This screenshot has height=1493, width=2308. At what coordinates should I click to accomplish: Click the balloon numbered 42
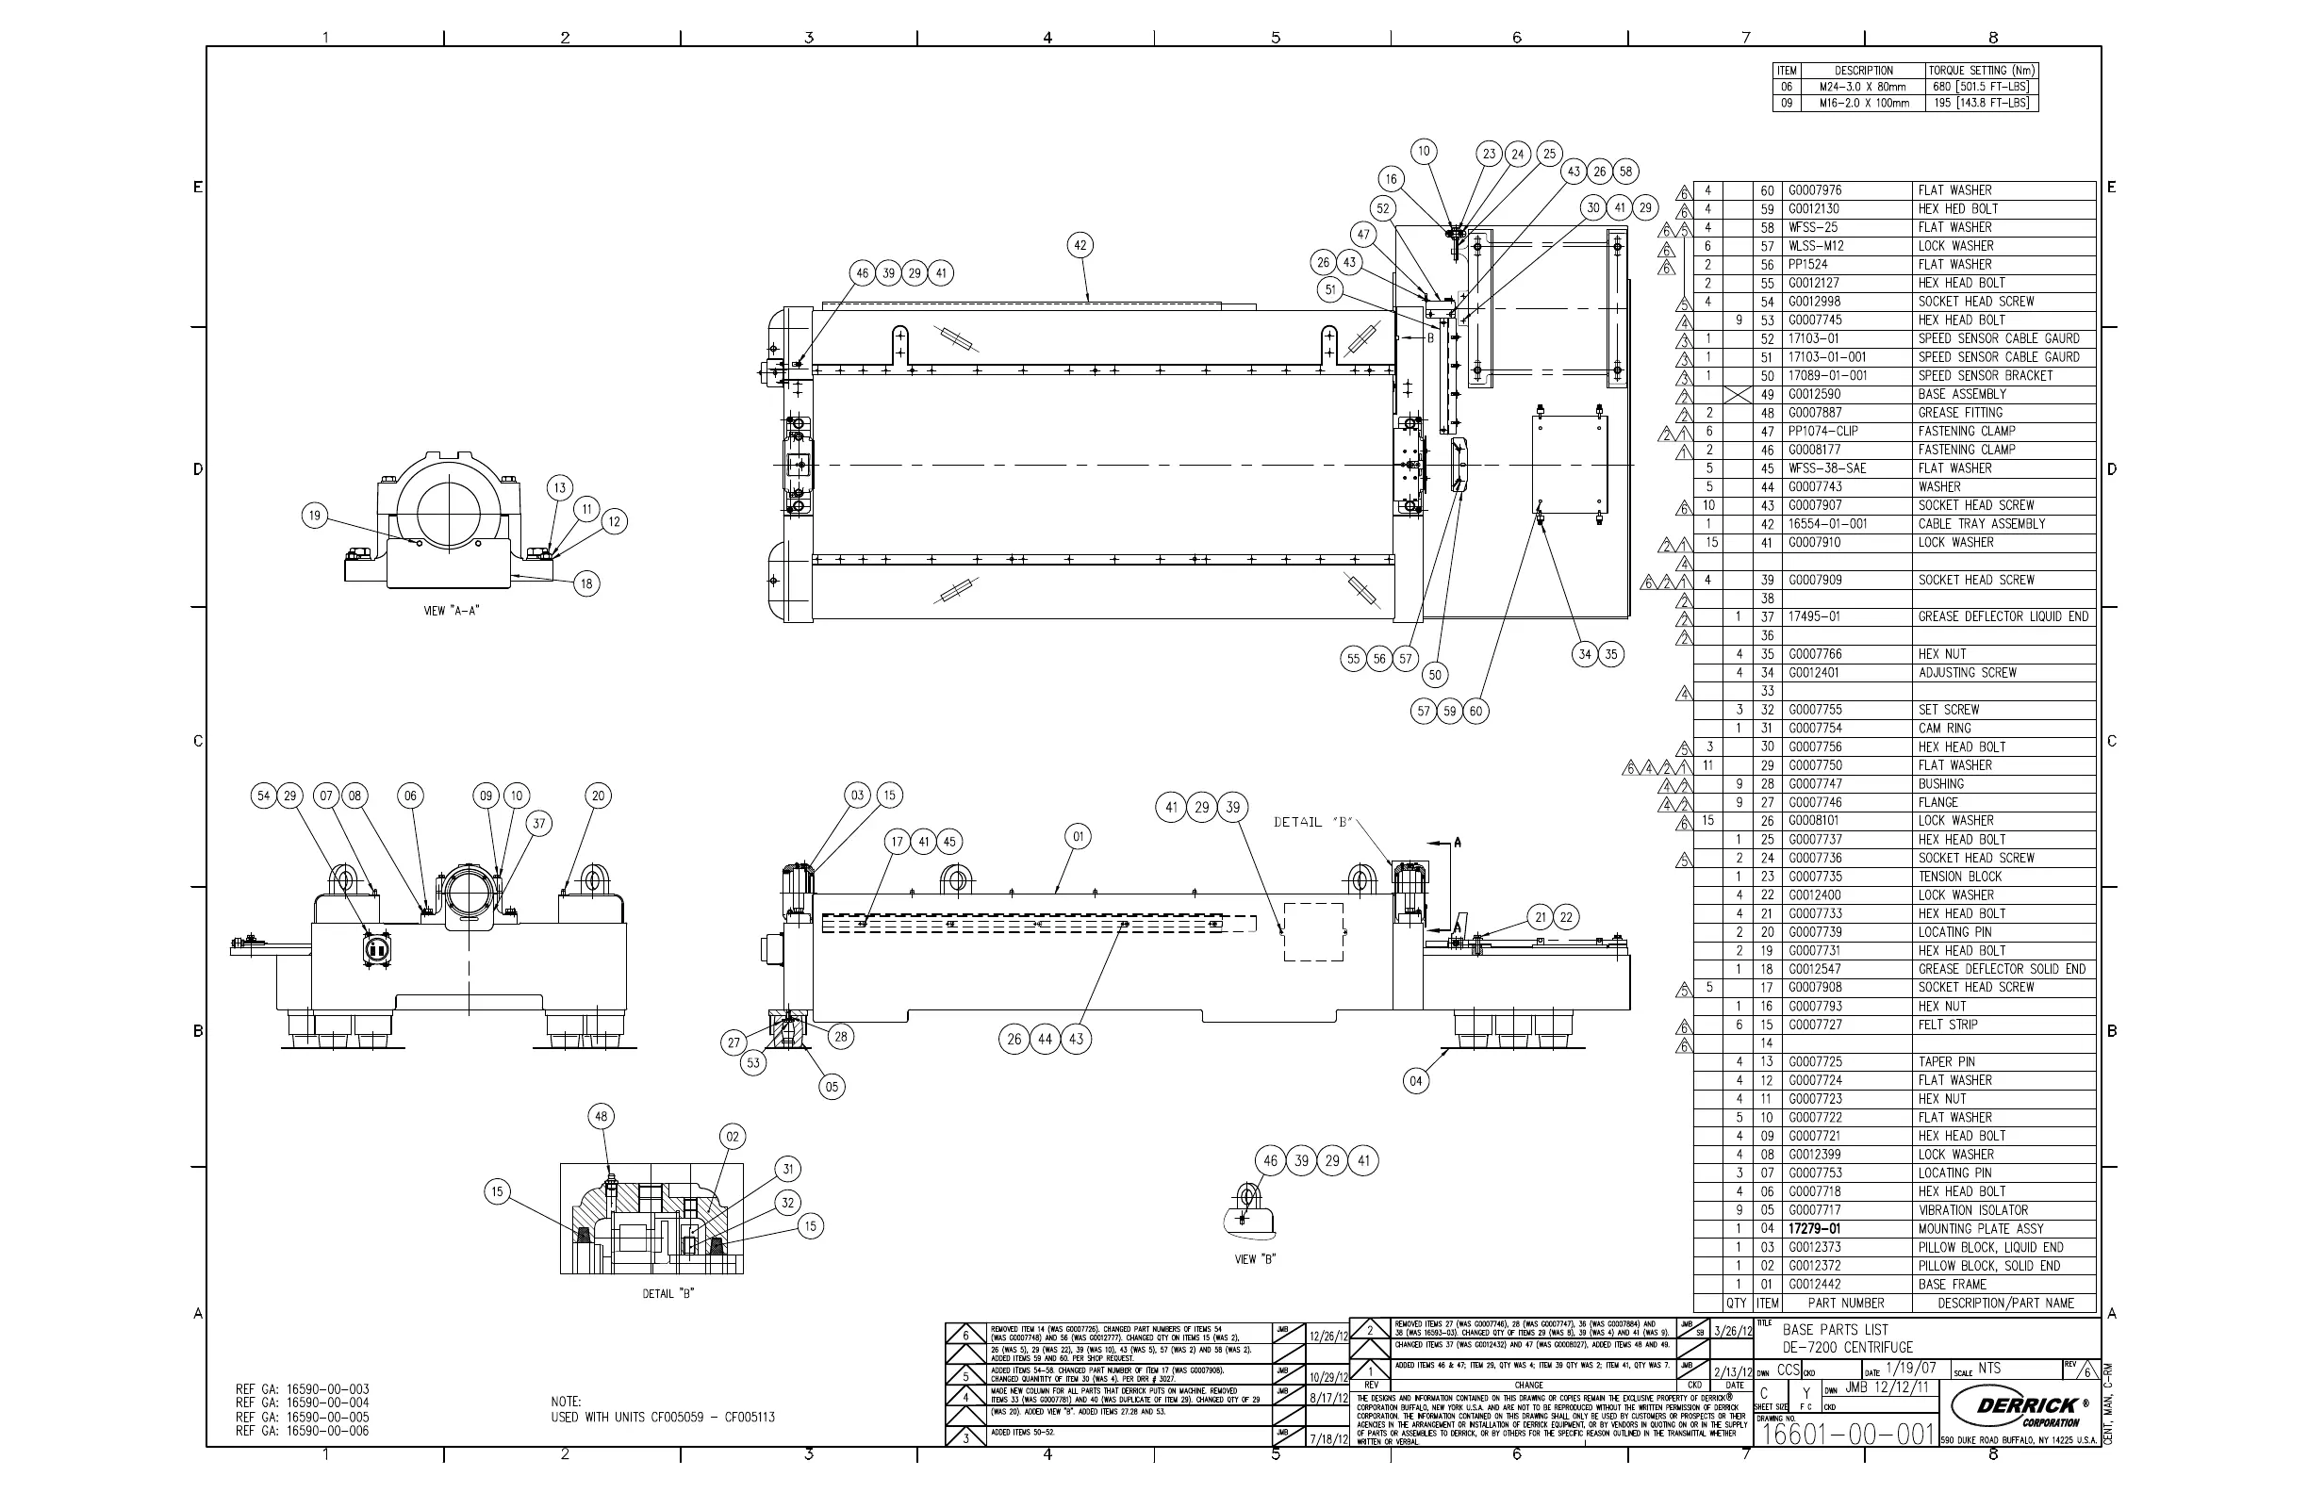(x=1080, y=245)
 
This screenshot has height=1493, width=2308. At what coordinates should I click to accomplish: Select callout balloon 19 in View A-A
(x=314, y=516)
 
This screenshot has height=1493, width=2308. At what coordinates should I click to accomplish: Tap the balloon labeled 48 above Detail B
(x=602, y=1116)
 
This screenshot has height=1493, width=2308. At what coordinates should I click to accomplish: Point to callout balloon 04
(x=1416, y=1081)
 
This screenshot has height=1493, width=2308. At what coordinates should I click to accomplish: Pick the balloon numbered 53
(x=753, y=1062)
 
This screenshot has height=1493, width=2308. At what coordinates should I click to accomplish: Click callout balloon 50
(x=1435, y=675)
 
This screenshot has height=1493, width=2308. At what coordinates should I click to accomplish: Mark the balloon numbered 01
(x=1078, y=836)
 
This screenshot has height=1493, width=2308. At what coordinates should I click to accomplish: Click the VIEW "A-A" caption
(x=452, y=611)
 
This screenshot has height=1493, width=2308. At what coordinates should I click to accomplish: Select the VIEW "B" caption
(x=1255, y=1259)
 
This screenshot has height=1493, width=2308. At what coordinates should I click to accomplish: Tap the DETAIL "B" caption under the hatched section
(x=668, y=1293)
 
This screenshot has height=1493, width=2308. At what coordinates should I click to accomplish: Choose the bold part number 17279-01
(x=1814, y=1228)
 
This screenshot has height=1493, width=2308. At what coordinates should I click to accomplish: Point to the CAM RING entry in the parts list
(x=1943, y=728)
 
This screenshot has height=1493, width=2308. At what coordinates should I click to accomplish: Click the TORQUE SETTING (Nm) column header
(x=1981, y=71)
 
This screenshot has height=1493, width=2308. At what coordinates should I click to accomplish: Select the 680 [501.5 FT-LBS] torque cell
(x=1981, y=87)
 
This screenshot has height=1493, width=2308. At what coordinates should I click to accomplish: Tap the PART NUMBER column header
(x=1846, y=1303)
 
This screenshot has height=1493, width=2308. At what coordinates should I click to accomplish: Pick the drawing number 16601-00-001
(x=1848, y=1435)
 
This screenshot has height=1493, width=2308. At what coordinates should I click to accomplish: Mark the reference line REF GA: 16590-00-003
(x=303, y=1389)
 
